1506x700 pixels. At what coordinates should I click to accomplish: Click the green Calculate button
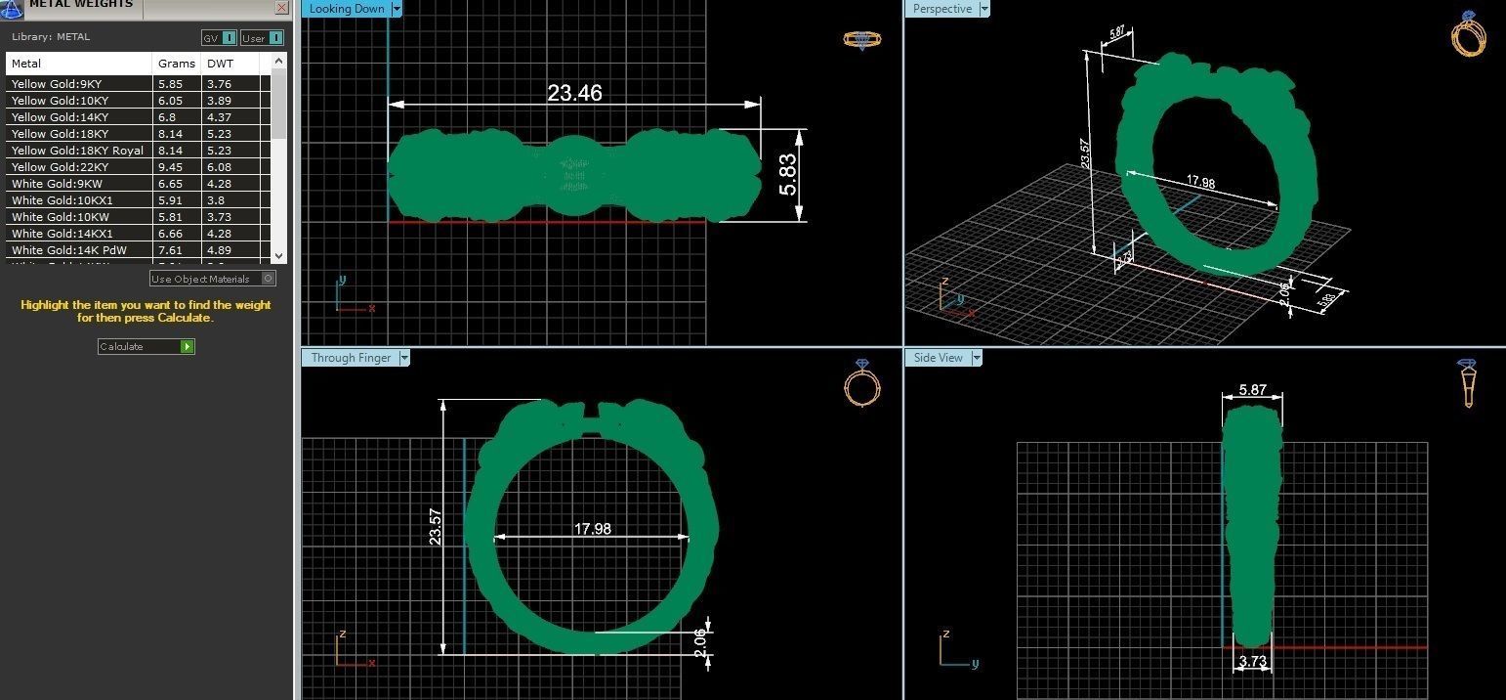click(x=187, y=347)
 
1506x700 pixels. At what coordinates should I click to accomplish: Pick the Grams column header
click(x=177, y=64)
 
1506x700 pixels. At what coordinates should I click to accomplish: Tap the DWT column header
click(x=220, y=64)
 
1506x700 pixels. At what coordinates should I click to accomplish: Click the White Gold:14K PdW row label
click(x=69, y=250)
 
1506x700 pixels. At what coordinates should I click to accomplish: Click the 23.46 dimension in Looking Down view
click(x=574, y=93)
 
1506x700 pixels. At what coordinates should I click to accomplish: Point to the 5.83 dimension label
click(x=787, y=175)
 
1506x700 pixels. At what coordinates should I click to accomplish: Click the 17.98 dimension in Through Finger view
click(x=592, y=529)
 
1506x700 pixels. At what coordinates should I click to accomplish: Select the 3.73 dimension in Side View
click(x=1252, y=662)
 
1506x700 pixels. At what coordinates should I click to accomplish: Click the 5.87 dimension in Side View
click(x=1252, y=390)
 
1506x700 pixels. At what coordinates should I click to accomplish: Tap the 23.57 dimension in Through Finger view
click(x=436, y=526)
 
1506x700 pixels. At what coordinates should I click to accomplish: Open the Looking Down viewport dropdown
click(x=397, y=9)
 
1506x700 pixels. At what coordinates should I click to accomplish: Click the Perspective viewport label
click(x=941, y=9)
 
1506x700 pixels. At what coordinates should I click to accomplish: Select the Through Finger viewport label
click(x=351, y=358)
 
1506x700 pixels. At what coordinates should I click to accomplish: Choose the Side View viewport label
click(x=938, y=358)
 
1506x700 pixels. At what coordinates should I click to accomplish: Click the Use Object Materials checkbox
click(x=269, y=279)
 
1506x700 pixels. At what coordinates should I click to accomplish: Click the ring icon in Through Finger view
click(x=861, y=383)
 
